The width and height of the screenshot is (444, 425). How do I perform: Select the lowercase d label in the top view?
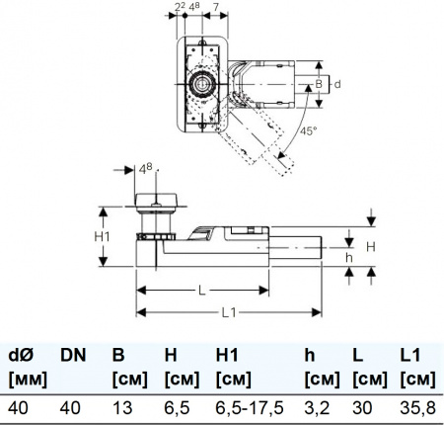335,86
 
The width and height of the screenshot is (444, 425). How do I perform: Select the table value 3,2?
317,405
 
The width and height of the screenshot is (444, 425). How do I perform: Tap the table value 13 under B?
121,405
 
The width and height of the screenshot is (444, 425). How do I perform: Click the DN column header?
72,354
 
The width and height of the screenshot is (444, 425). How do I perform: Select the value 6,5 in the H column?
173,405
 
